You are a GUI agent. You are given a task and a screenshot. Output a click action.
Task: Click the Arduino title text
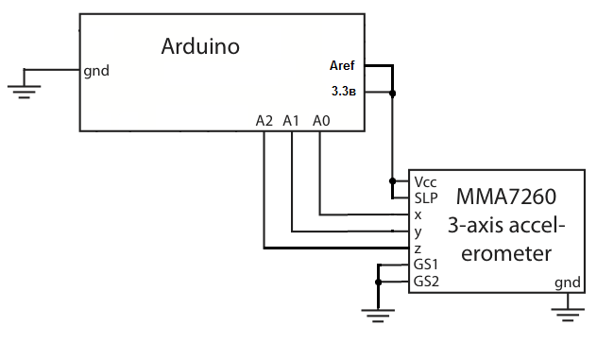tap(200, 46)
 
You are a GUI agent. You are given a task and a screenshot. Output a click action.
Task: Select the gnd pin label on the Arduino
tap(96, 71)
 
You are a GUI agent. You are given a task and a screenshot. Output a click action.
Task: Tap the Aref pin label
tap(342, 65)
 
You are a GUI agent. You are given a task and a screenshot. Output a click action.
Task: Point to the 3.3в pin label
tap(344, 91)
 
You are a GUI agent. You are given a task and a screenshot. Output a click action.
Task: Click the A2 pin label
tap(264, 121)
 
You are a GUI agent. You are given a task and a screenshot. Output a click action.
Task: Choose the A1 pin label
tap(291, 121)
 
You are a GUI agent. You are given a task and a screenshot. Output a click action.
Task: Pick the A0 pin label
tap(321, 121)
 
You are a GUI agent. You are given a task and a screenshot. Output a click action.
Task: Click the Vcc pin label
tap(425, 182)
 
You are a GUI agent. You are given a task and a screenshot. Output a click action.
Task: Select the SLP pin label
tap(426, 198)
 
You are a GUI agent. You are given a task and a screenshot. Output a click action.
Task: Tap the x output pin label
tap(418, 215)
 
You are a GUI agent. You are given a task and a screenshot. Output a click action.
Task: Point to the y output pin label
tap(418, 231)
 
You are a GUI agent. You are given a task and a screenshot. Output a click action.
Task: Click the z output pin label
tap(418, 249)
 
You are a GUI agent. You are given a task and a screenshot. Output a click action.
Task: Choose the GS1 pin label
tap(426, 265)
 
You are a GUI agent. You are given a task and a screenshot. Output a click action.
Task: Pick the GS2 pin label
tap(426, 282)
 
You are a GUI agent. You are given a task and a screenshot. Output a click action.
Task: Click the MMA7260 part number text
tap(506, 197)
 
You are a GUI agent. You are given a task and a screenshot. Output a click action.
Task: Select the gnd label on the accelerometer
tap(568, 283)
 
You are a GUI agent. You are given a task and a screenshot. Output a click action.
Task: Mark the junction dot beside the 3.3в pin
tap(392, 94)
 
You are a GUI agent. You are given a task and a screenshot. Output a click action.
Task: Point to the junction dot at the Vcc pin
tap(392, 181)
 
